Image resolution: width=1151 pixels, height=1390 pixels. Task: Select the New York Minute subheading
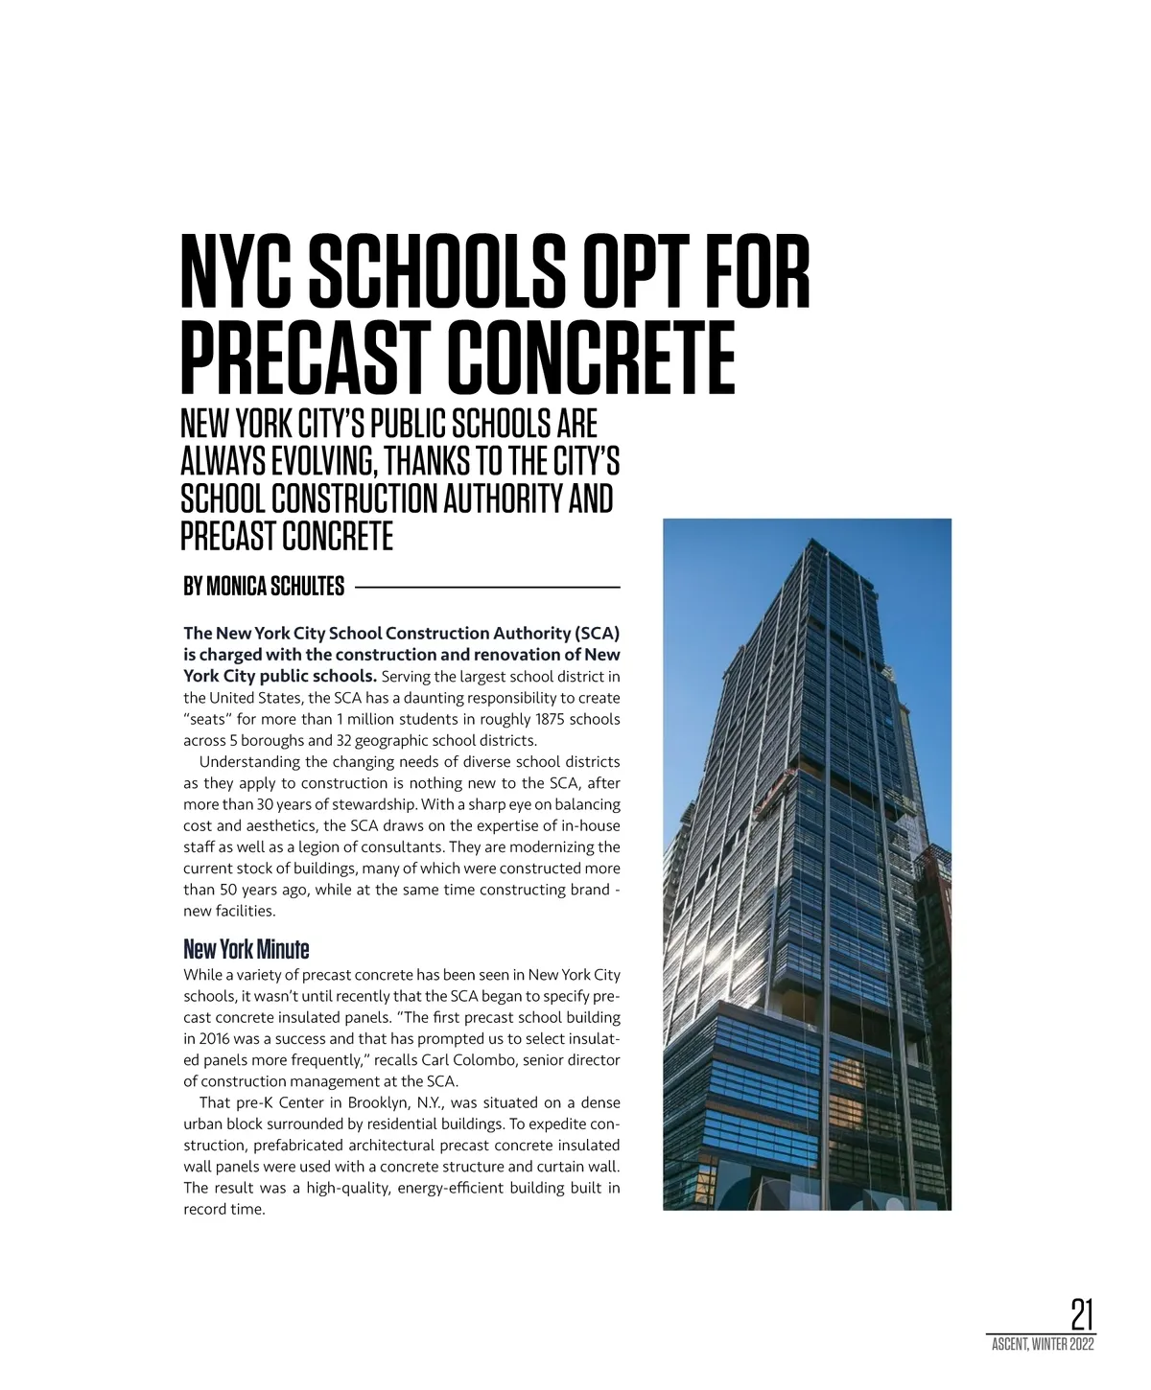tap(246, 950)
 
